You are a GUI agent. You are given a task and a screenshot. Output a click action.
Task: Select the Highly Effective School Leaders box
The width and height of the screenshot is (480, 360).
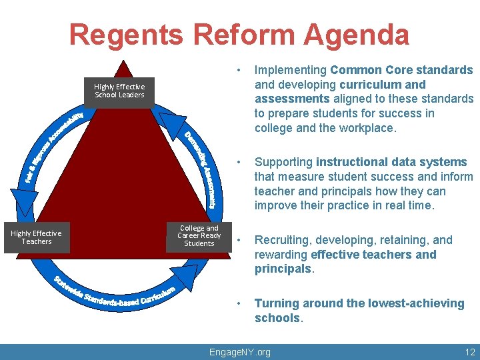[119, 91]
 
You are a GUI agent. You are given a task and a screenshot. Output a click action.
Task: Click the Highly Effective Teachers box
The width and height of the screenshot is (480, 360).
[36, 237]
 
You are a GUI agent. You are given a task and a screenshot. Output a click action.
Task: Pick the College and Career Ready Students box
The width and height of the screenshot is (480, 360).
[199, 236]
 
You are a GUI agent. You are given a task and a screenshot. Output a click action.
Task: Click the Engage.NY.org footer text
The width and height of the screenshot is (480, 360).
[240, 352]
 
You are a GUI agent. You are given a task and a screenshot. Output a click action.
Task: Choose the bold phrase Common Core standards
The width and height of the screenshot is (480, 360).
[401, 70]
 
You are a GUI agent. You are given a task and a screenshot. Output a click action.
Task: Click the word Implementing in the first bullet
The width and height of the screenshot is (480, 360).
[291, 70]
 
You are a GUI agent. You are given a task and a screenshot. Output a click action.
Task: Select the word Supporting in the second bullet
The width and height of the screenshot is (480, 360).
[283, 162]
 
